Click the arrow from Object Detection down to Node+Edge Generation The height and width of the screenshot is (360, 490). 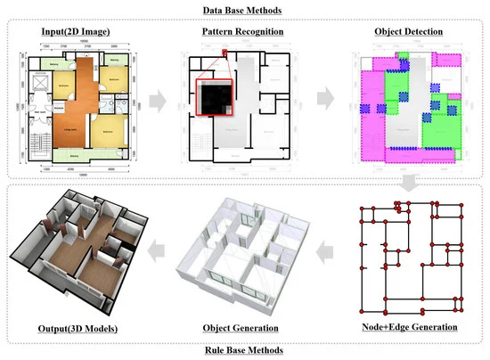point(411,183)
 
